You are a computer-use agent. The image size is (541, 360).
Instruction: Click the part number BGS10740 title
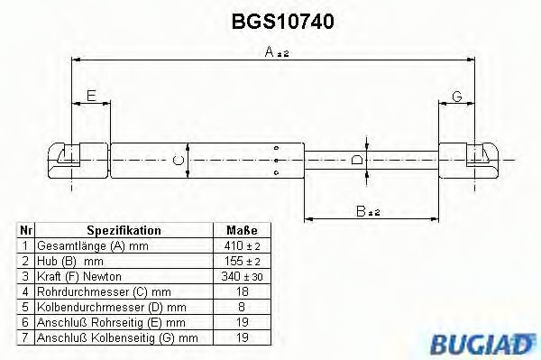point(282,22)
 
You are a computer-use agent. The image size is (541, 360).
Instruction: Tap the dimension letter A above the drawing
point(270,52)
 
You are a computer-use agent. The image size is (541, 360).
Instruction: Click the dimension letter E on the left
point(91,96)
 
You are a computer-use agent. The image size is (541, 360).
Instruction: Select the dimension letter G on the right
point(457,96)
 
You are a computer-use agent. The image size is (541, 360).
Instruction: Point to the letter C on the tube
point(178,161)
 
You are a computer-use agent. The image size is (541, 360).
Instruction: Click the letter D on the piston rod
point(356,161)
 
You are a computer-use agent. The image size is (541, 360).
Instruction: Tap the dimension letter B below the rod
point(361,211)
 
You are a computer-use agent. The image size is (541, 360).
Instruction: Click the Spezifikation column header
point(124,230)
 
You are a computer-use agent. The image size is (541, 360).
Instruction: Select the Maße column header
point(242,230)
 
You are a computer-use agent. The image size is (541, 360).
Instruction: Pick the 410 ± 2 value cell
point(242,245)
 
